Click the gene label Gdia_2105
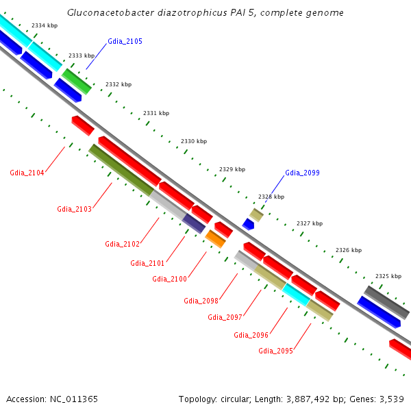coord(125,42)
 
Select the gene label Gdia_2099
coord(302,173)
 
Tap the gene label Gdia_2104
coord(27,173)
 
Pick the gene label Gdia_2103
coord(74,210)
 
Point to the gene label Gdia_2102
coord(122,245)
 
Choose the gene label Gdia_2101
coord(147,263)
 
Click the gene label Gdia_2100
coord(169,279)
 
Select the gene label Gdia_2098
coord(201,301)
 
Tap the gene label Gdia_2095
coord(275,351)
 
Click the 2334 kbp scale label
coord(45,25)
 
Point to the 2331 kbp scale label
coord(156,113)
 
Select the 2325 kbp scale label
coord(388,276)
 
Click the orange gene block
coord(215,238)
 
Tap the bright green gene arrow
coord(77,81)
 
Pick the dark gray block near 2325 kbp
coord(386,298)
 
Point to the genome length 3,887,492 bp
coord(301,399)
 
